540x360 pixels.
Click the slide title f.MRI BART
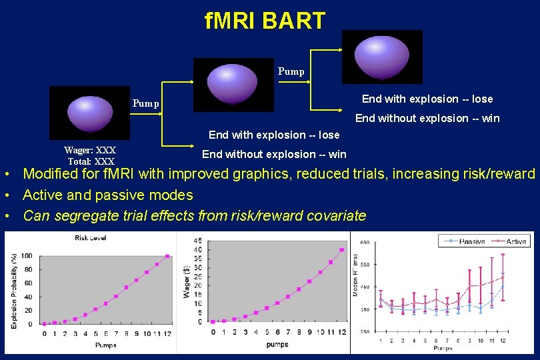click(x=265, y=21)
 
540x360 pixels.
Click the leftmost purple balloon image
click(x=89, y=112)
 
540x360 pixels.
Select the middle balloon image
click(x=233, y=84)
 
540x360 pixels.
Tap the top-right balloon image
click(x=382, y=57)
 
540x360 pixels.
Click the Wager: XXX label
click(x=90, y=151)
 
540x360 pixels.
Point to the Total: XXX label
click(x=91, y=161)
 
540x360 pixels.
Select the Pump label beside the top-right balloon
click(x=291, y=71)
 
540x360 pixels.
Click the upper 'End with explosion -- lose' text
click(x=427, y=99)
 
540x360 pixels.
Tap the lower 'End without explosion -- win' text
click(x=274, y=154)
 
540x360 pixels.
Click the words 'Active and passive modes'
click(x=108, y=195)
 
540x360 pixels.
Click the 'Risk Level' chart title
click(x=90, y=238)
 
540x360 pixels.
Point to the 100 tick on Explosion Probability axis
click(x=26, y=256)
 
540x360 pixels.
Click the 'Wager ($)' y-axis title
click(x=187, y=282)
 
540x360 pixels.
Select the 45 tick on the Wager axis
click(x=198, y=241)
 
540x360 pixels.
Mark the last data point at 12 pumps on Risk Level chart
click(x=167, y=256)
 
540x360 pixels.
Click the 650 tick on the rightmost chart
click(x=365, y=243)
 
